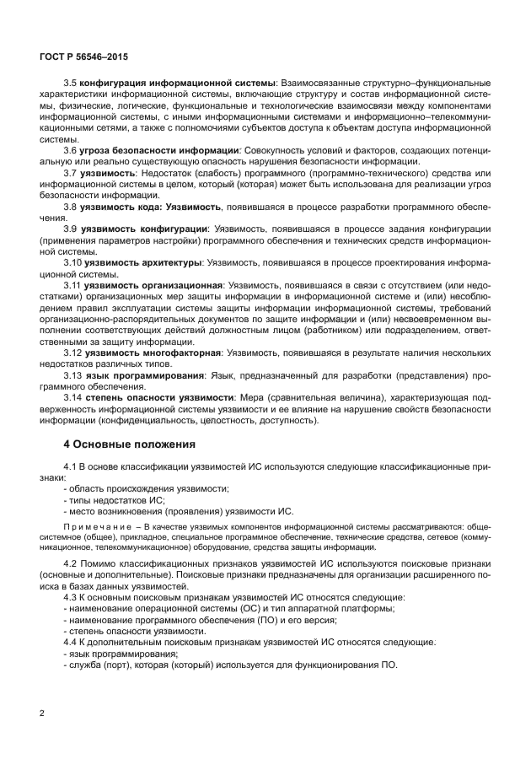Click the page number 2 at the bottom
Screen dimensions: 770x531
(42, 713)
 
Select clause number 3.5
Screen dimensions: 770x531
(71, 84)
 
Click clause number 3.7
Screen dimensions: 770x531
(71, 172)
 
